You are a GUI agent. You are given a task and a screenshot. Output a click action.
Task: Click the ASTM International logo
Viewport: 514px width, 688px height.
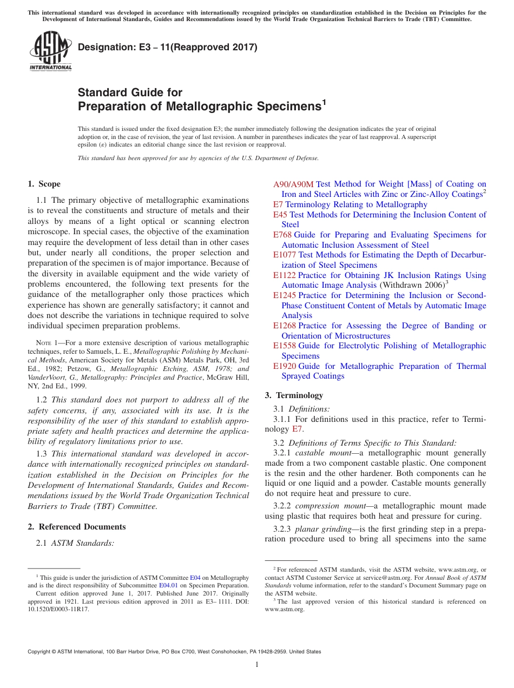50,51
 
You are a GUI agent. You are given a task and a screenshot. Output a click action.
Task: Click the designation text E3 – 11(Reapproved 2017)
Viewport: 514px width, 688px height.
168,47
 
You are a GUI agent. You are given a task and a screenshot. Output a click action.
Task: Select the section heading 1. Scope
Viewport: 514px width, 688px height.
44,184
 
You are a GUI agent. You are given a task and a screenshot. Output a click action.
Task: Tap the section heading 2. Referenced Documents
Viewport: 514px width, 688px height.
77,527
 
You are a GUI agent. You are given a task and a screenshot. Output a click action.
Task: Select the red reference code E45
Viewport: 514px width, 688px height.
280,215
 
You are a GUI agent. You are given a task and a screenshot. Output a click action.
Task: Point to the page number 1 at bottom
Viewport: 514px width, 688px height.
257,665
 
